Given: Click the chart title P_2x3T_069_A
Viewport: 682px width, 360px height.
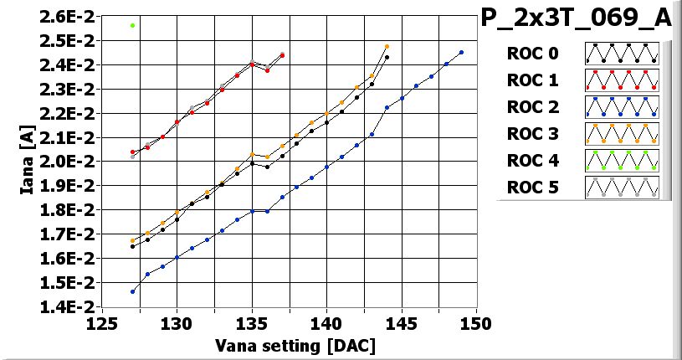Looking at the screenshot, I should click(577, 19).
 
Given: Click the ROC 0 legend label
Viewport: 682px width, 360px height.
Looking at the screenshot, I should click(532, 54).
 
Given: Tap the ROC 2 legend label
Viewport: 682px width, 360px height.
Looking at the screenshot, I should click(532, 107).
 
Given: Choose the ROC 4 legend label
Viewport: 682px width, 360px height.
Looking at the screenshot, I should click(532, 161).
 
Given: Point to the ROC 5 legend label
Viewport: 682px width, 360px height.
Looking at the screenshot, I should click(532, 188).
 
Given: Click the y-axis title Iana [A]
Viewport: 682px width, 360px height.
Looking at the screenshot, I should click(28, 162).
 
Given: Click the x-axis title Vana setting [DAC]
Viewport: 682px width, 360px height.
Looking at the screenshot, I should click(295, 345).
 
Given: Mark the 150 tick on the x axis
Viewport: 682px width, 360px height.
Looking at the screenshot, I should click(476, 324).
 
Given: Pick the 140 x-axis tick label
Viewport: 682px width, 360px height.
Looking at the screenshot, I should click(326, 324).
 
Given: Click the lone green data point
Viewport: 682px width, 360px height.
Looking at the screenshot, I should click(133, 25).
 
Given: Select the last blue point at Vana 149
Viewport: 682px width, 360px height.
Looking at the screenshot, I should click(461, 52).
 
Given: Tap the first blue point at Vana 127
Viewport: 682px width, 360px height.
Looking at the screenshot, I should click(133, 291).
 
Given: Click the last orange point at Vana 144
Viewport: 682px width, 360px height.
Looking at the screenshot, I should click(387, 47).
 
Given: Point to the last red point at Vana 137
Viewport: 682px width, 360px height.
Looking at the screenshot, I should click(282, 55).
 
